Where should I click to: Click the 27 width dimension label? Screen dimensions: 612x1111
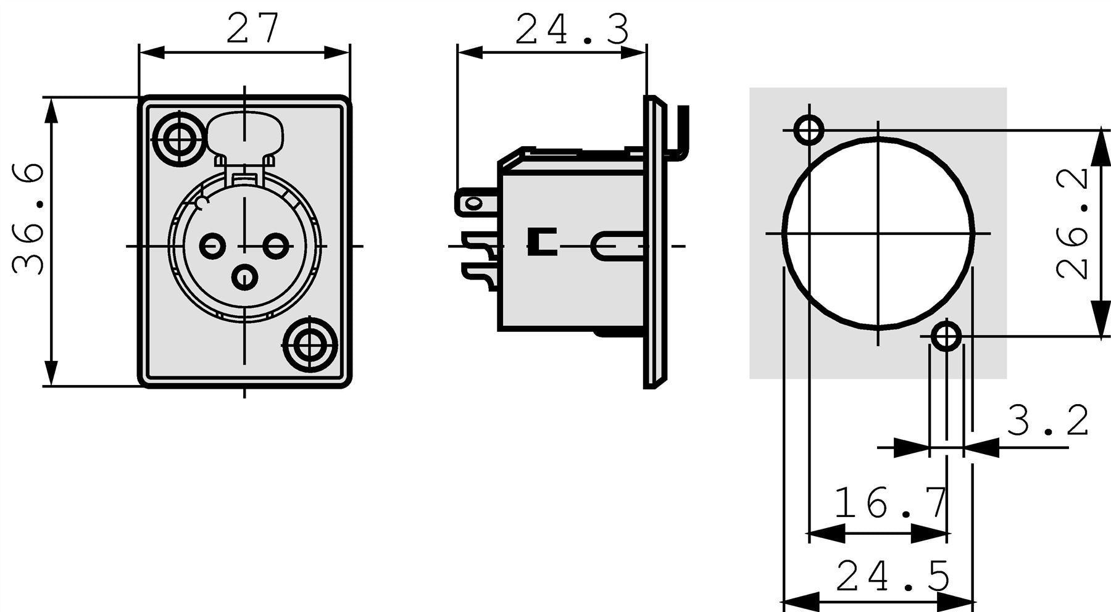coord(253,28)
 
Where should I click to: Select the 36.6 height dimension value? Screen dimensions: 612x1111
coord(29,219)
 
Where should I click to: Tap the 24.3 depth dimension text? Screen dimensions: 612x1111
coord(572,30)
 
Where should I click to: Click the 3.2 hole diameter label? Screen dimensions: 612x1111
coord(1048,421)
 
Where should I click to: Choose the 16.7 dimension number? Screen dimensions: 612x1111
coord(891,503)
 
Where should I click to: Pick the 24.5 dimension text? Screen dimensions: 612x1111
coord(893,577)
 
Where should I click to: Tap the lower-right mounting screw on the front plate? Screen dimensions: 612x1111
coord(309,345)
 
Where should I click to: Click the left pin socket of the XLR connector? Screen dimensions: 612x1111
coord(213,246)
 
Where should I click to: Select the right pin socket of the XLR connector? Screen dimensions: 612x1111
coord(276,246)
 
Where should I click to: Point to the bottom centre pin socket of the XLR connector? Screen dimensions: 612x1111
coord(245,277)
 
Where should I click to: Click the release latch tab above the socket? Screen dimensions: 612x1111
coord(245,134)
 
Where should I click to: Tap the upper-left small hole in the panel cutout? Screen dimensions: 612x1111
coord(808,130)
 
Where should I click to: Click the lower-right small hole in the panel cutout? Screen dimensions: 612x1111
coord(946,337)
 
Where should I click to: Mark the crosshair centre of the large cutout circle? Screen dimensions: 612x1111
coord(878,233)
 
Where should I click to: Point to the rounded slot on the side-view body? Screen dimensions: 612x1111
coord(611,246)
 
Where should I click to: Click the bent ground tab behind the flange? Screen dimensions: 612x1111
coord(681,130)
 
